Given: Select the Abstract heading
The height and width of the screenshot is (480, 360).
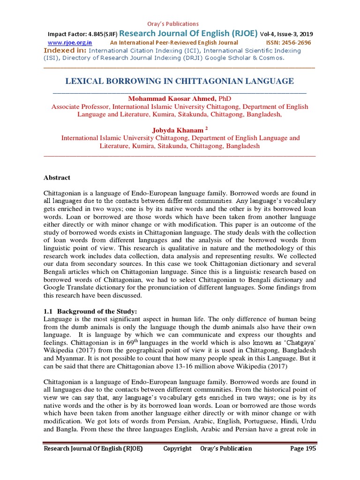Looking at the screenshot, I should tap(57, 178).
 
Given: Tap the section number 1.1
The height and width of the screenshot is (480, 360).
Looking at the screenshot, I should tap(49, 312).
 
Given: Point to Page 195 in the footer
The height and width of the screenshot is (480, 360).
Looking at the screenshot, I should tap(303, 449).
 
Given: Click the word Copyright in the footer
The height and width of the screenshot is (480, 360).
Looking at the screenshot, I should tap(177, 449).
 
